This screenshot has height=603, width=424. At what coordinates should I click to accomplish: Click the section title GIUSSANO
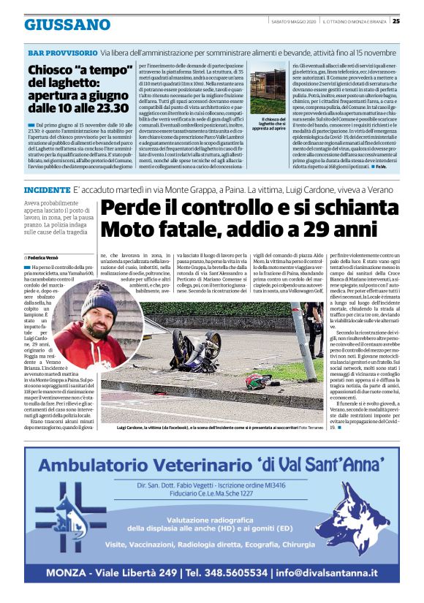tap(67, 24)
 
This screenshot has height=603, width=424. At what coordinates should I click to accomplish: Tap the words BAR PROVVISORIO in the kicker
tap(62, 53)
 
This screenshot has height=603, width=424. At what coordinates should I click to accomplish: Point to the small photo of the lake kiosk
tap(268, 93)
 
